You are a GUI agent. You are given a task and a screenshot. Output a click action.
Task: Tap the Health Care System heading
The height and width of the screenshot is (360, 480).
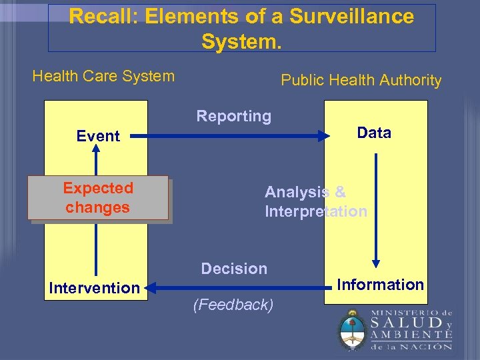click(103, 76)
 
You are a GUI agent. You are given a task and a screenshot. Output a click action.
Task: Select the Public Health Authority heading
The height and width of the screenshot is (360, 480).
click(361, 81)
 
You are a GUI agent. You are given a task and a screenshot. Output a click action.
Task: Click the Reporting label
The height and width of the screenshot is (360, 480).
click(233, 116)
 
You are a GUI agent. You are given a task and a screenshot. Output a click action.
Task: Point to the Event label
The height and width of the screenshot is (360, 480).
click(98, 136)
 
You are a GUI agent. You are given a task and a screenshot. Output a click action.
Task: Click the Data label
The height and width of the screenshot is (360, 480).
click(374, 133)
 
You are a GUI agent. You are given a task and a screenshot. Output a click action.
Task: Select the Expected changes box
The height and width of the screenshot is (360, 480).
click(98, 198)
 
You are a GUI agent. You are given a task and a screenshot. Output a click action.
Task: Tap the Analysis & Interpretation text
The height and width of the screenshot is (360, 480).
click(315, 201)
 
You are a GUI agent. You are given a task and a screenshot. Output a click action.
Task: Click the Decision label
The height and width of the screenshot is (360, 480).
click(234, 269)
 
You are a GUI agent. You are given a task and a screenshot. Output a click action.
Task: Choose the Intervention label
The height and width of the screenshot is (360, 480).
click(94, 288)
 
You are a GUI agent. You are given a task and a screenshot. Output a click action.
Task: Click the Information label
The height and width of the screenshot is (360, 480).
click(380, 285)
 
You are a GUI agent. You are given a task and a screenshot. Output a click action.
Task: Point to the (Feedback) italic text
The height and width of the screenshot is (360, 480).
click(233, 305)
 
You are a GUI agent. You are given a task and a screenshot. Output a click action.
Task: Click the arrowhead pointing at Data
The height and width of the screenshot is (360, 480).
click(325, 136)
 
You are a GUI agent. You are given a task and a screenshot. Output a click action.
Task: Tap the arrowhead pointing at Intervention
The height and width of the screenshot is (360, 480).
click(150, 288)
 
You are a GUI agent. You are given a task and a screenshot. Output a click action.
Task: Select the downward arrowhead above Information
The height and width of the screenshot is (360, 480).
click(376, 263)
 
